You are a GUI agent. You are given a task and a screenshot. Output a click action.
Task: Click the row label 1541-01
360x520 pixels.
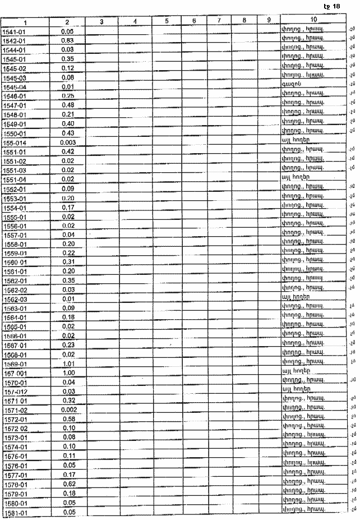coord(16,32)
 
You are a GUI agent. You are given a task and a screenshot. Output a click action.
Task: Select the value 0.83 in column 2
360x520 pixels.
coord(67,40)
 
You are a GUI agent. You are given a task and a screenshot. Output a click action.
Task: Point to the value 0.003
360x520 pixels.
coord(67,142)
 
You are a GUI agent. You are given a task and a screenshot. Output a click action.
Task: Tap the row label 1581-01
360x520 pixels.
coord(16,512)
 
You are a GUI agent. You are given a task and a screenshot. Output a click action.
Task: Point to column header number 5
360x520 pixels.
coord(167,21)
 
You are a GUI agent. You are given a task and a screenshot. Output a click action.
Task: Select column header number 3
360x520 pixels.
coord(101,21)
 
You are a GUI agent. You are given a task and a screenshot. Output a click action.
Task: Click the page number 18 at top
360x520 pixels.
coord(336,6)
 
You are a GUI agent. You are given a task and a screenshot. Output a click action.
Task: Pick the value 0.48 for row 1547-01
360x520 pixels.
coord(67,105)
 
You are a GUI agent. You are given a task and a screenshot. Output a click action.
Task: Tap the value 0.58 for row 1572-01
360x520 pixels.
coord(67,419)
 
